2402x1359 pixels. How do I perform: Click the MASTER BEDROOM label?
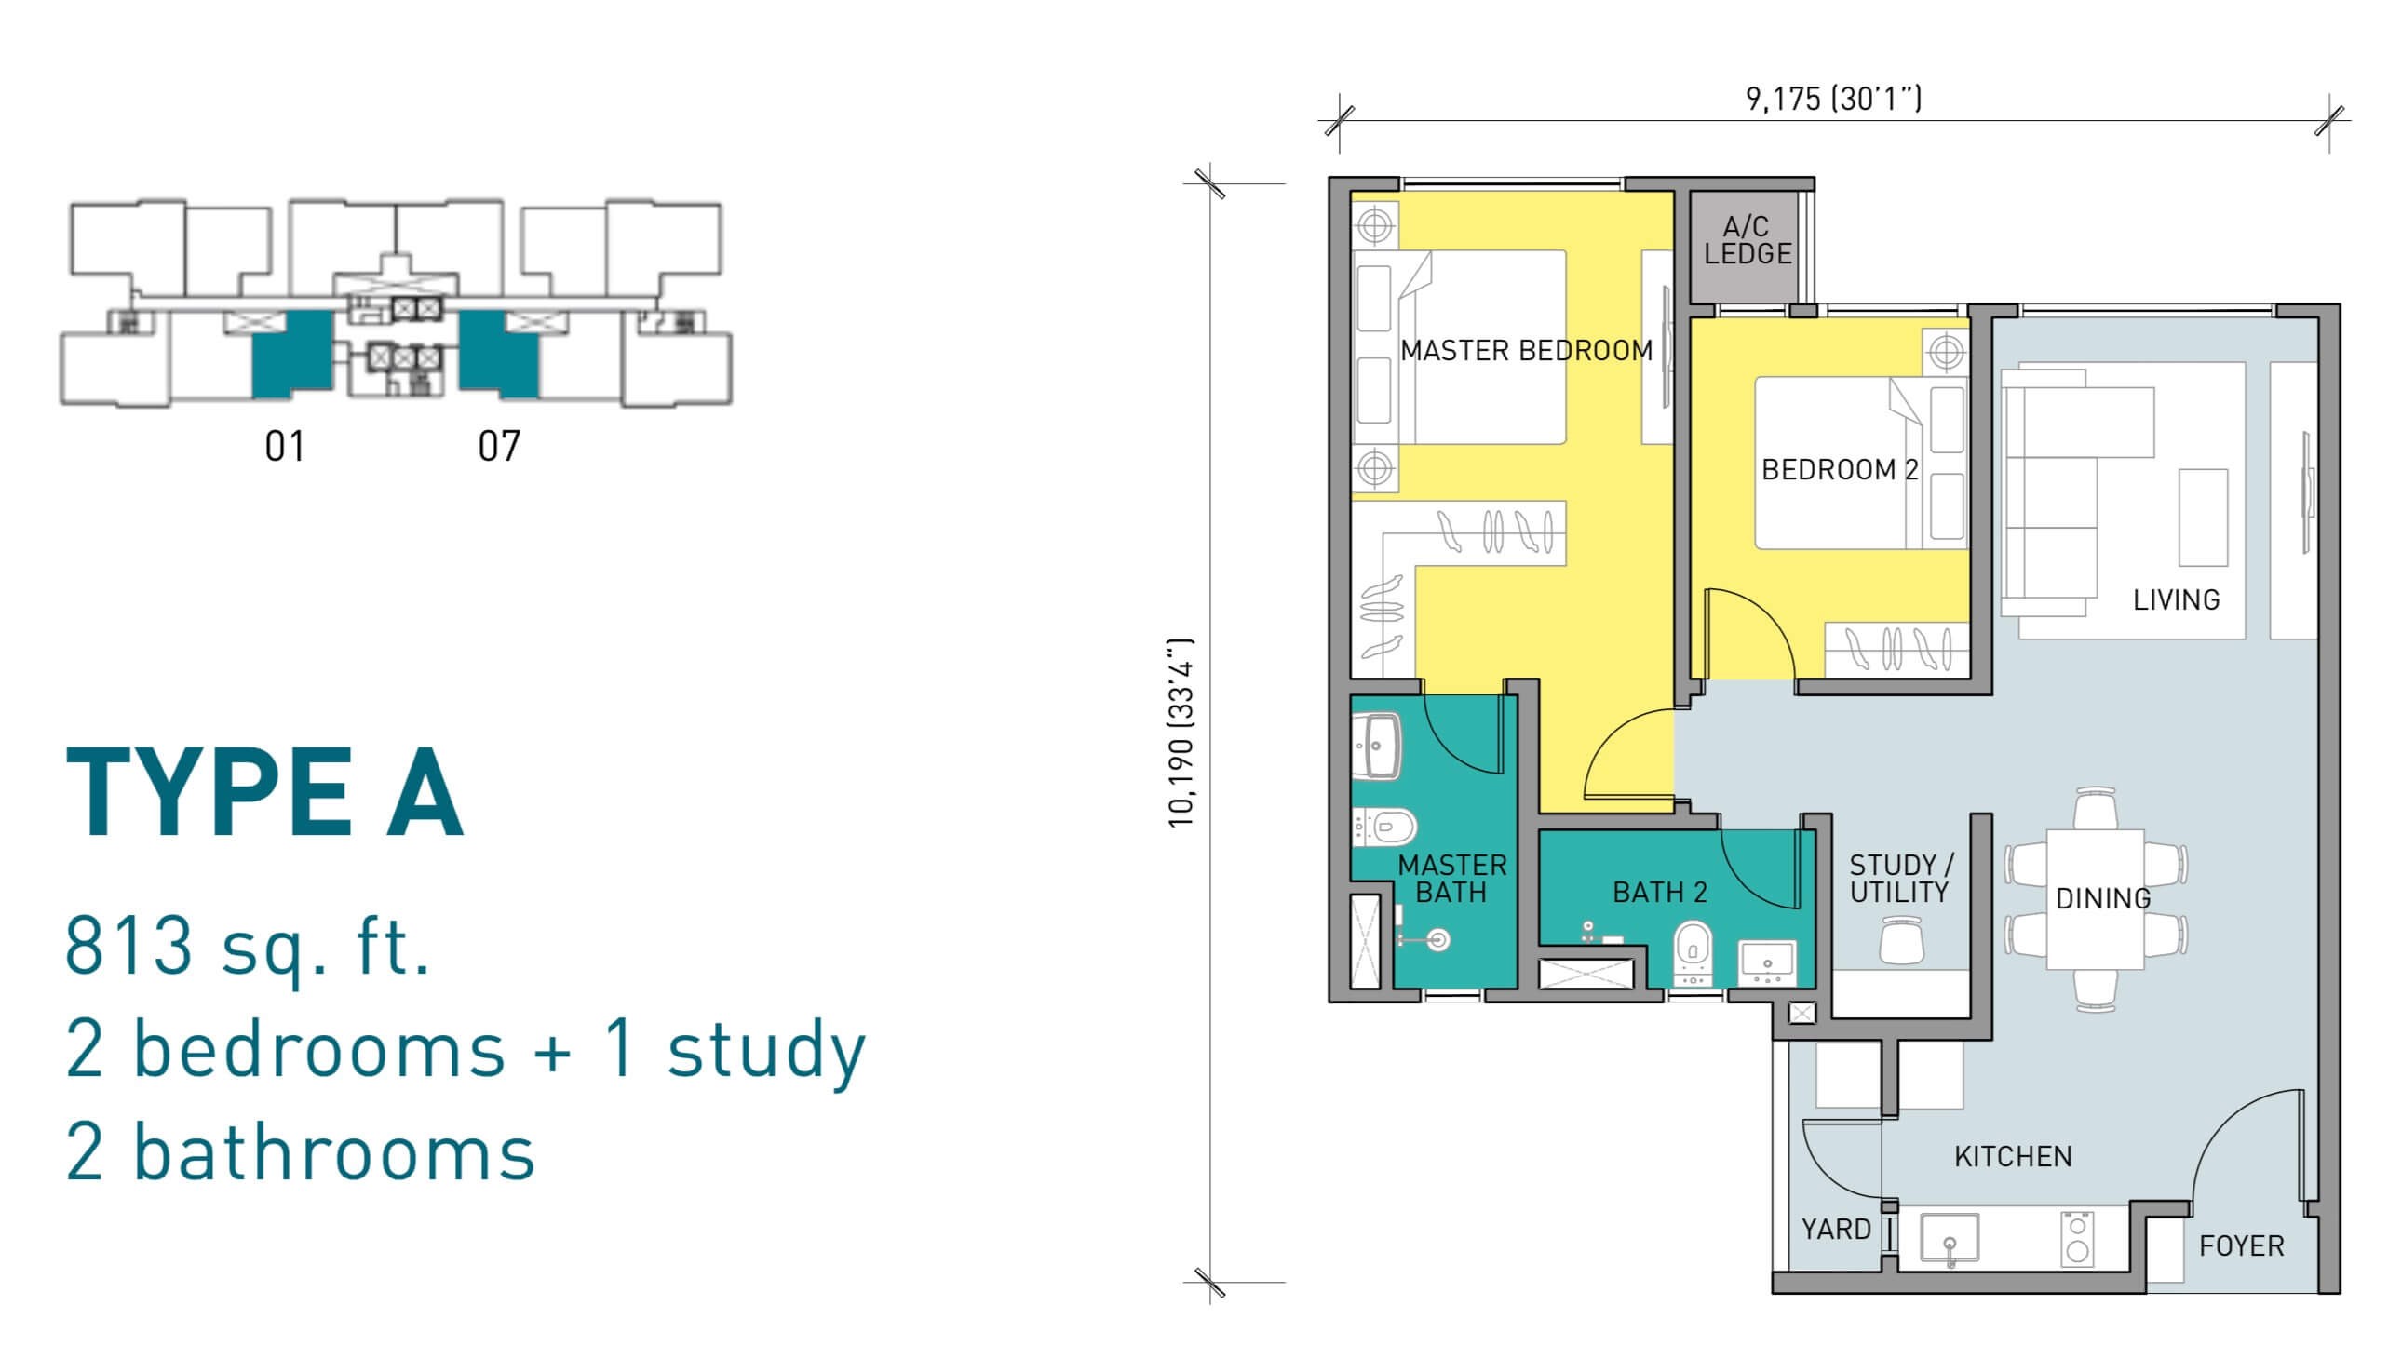click(x=1526, y=351)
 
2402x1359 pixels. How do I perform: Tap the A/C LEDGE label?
click(x=1748, y=240)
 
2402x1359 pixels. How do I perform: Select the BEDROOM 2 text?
click(x=1839, y=469)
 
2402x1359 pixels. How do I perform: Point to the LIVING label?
click(x=2176, y=599)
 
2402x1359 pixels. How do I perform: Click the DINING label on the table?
click(x=2103, y=898)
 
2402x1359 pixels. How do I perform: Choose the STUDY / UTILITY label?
click(x=1901, y=879)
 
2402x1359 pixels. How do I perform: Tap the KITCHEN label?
click(x=2013, y=1157)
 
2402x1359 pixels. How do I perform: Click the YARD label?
click(x=1836, y=1230)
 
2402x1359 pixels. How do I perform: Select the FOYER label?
click(x=2242, y=1246)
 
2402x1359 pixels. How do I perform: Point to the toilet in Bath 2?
click(x=1692, y=953)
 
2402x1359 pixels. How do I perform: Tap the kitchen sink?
click(x=1950, y=1240)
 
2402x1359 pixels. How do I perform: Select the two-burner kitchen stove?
click(x=2078, y=1238)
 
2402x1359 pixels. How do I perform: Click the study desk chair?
click(x=1901, y=939)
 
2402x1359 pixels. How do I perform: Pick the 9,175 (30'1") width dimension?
click(x=1833, y=98)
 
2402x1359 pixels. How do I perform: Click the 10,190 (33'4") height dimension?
click(x=1181, y=733)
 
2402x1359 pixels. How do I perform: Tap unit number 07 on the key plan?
click(x=498, y=446)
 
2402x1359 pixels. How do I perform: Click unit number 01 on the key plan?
click(x=285, y=446)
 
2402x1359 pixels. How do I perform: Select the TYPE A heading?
click(x=265, y=793)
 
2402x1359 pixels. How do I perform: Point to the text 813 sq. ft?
click(x=248, y=947)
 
